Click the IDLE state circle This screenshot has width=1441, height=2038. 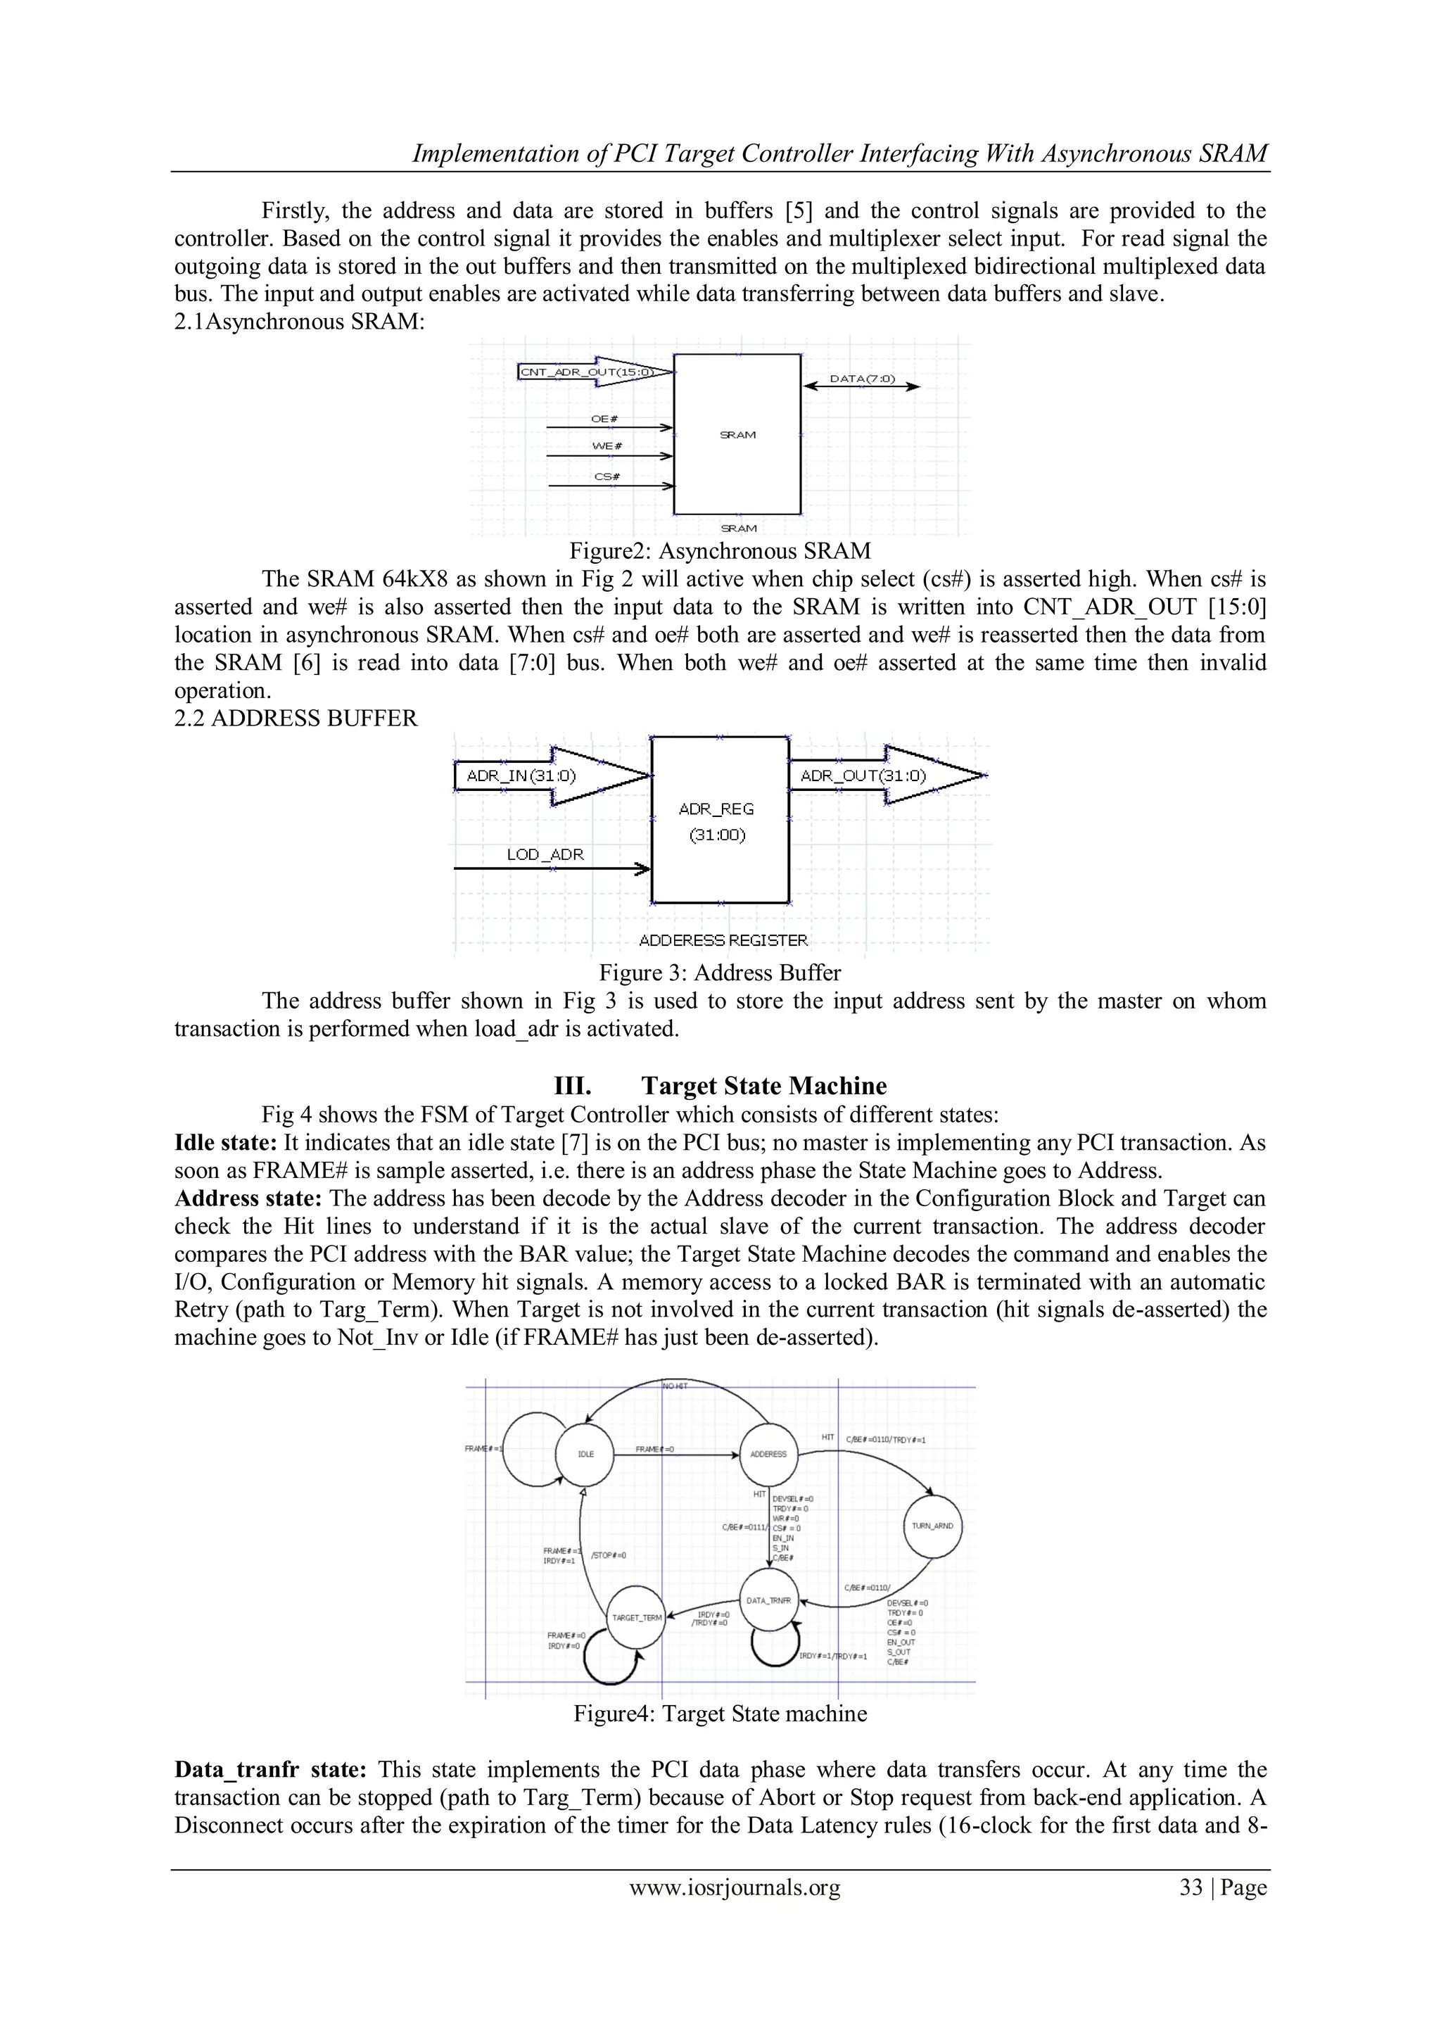[585, 1454]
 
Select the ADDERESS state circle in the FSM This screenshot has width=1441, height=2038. [768, 1454]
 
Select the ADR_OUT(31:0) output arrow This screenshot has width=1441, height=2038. [887, 776]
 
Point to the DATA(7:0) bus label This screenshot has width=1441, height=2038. [862, 379]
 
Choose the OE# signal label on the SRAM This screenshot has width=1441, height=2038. [604, 418]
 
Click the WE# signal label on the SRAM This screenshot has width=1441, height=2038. [604, 445]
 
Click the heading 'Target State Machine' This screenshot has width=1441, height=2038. [763, 1086]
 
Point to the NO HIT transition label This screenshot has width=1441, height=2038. [675, 1385]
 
